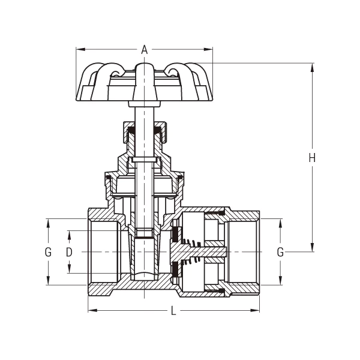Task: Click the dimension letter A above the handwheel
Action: click(144, 50)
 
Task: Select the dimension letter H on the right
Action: click(311, 158)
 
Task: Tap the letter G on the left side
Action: click(48, 252)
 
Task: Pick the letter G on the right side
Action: click(280, 252)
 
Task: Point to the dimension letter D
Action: click(69, 252)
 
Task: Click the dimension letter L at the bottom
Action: click(173, 311)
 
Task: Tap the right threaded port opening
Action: click(243, 252)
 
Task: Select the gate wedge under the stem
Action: click(144, 258)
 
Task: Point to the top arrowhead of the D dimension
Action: click(69, 232)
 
